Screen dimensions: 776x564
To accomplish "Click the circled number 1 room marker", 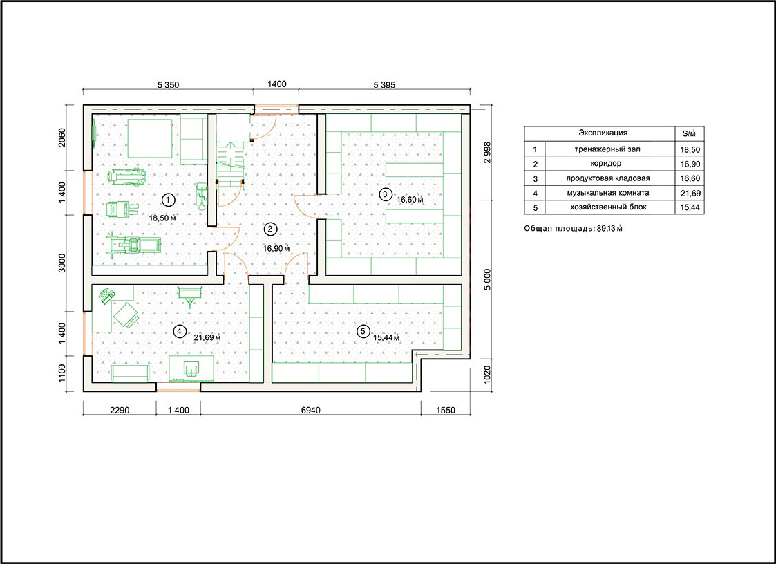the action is click(169, 200).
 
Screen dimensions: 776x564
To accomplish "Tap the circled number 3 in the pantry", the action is click(385, 194).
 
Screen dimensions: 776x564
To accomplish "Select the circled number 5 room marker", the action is click(363, 331).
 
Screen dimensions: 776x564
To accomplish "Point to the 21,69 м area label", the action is click(207, 338).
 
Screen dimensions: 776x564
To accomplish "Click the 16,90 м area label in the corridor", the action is click(276, 248).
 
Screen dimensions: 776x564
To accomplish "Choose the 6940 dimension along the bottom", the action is click(310, 410).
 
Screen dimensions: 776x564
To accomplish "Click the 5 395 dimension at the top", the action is click(384, 85).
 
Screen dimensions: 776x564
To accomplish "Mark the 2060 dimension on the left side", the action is click(62, 138).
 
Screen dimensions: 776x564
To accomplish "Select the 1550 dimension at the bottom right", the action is click(446, 410).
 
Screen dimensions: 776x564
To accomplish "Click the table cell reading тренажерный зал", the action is click(609, 149).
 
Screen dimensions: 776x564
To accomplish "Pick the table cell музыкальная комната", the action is click(609, 193).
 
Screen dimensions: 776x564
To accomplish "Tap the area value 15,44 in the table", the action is click(690, 207).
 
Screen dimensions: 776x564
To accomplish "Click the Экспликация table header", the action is click(603, 133).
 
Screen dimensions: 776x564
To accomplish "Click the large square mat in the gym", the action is click(151, 138).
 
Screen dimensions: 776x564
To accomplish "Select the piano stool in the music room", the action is click(191, 368).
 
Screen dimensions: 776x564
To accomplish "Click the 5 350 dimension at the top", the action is click(169, 85).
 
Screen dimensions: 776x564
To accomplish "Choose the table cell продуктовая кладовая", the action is click(608, 178).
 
